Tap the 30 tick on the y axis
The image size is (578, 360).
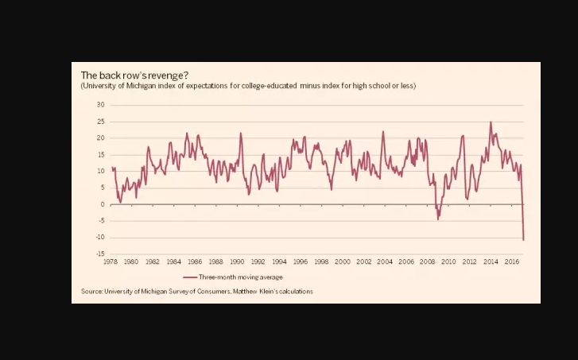point(101,105)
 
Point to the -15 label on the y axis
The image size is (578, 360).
point(100,254)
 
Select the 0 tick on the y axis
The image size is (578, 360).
point(103,204)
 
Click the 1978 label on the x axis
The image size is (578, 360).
point(111,261)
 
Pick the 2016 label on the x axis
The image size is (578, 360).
point(512,261)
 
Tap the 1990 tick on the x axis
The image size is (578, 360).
point(237,261)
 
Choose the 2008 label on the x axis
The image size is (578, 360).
point(427,261)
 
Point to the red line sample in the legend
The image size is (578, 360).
point(189,277)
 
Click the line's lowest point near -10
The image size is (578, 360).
point(523,239)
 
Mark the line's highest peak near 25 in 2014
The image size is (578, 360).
point(491,122)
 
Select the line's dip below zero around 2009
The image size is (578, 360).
point(438,219)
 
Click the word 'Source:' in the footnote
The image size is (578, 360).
point(91,292)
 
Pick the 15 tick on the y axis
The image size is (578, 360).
point(101,155)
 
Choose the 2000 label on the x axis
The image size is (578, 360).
point(343,261)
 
